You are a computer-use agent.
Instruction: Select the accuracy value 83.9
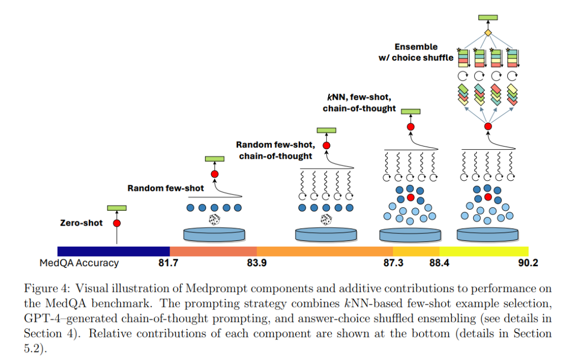256,263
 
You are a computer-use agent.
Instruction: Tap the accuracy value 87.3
393,263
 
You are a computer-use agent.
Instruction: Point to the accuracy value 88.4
439,263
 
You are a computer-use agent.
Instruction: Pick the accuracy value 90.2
527,263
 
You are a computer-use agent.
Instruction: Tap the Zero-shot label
82,223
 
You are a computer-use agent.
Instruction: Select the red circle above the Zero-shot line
116,223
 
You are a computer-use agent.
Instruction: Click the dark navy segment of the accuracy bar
113,251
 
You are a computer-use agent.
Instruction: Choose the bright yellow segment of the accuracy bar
484,251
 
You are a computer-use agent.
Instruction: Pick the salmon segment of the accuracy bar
213,251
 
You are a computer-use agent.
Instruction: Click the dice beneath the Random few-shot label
214,220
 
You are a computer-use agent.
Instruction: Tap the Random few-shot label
165,188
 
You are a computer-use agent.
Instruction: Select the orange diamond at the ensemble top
488,33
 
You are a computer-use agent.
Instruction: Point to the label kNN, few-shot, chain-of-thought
359,103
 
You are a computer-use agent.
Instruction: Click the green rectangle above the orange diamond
488,17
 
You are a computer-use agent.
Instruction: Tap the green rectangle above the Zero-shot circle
116,208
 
